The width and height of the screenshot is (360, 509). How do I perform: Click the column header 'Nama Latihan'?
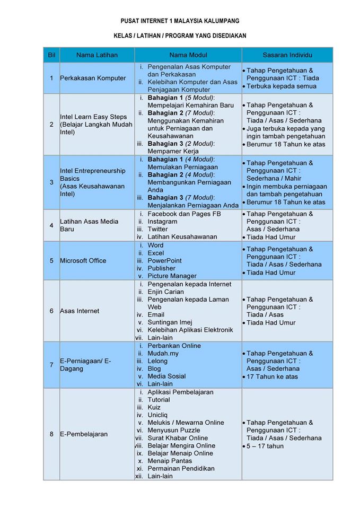pyautogui.click(x=97, y=55)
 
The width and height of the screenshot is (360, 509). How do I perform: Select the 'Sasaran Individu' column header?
pyautogui.click(x=287, y=55)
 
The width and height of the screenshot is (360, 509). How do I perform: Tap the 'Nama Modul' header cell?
pyautogui.click(x=188, y=55)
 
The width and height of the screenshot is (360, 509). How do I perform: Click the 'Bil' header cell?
pyautogui.click(x=51, y=55)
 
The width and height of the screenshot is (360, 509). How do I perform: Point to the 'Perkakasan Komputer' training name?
pyautogui.click(x=93, y=78)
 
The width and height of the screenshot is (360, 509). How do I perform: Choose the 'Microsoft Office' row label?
pyautogui.click(x=83, y=260)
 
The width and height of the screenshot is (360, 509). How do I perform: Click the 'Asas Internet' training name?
pyautogui.click(x=80, y=311)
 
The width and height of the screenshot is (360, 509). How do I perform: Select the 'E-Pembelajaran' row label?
pyautogui.click(x=84, y=434)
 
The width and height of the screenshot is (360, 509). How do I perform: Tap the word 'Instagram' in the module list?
pyautogui.click(x=162, y=222)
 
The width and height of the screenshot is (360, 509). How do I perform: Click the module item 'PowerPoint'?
pyautogui.click(x=164, y=260)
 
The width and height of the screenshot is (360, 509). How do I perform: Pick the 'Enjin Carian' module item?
pyautogui.click(x=166, y=292)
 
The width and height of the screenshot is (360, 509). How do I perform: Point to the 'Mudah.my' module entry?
pyautogui.click(x=163, y=353)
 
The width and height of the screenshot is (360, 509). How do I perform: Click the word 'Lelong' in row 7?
pyautogui.click(x=157, y=361)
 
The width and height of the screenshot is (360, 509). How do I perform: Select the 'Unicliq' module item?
pyautogui.click(x=159, y=415)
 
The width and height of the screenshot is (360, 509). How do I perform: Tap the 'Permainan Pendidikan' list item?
pyautogui.click(x=181, y=468)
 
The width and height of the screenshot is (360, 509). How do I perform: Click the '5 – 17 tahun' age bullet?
pyautogui.click(x=265, y=446)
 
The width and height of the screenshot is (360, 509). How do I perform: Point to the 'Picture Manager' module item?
pyautogui.click(x=172, y=276)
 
